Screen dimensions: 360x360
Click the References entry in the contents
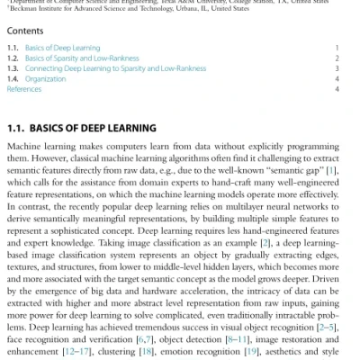coord(23,90)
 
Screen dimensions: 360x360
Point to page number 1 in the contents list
coord(336,47)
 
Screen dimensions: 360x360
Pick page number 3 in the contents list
coord(336,68)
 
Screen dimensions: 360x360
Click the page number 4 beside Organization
coord(336,79)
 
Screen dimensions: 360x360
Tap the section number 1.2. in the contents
coord(13,58)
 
